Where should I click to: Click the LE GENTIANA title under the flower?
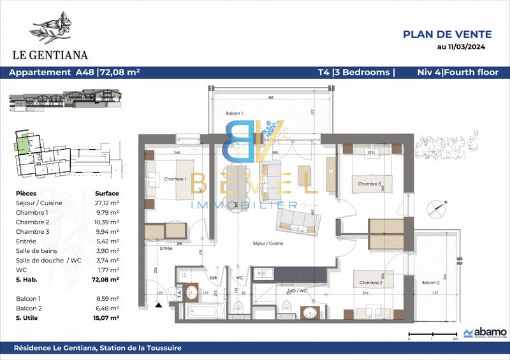(x=57, y=55)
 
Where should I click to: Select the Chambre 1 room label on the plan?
(x=175, y=179)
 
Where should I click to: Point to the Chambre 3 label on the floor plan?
(x=369, y=184)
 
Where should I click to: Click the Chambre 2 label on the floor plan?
(x=370, y=282)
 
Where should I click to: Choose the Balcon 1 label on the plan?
(x=235, y=113)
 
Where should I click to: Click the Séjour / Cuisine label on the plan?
(x=268, y=243)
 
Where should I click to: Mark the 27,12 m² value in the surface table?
(x=107, y=203)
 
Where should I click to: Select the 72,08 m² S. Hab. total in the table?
(x=106, y=279)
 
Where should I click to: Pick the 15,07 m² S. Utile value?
(x=106, y=317)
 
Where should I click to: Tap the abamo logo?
(x=485, y=332)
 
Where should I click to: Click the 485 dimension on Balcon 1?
(x=270, y=97)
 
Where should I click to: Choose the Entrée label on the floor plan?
(x=166, y=248)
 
